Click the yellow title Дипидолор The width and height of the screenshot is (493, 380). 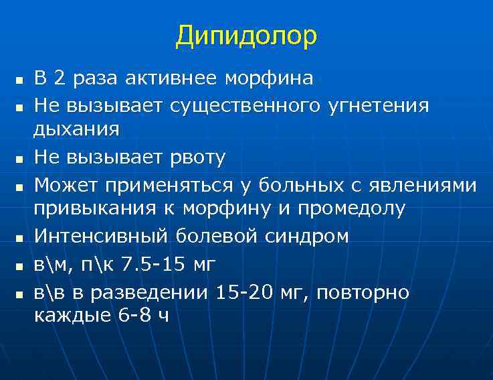[246, 37]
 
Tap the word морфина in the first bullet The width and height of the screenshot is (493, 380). [268, 78]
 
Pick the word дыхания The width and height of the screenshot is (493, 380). [77, 129]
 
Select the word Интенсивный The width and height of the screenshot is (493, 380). [101, 235]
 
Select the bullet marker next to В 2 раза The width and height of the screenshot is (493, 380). [19, 80]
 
